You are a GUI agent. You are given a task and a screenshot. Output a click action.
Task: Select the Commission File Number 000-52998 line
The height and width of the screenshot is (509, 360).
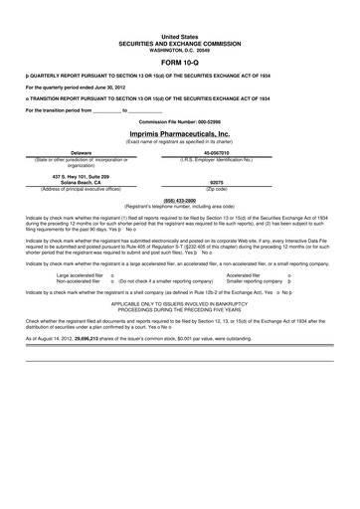[179, 121]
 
